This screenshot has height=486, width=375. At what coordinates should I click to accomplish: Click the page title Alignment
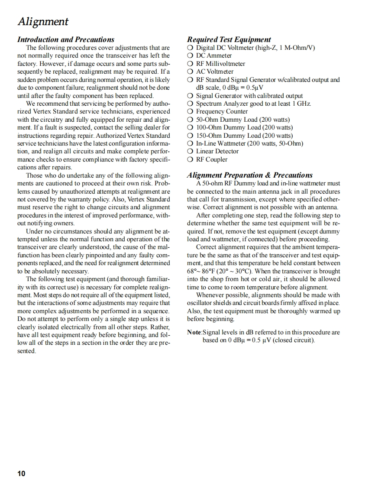coord(42,21)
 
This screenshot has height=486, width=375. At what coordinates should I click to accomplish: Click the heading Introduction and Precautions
coord(66,39)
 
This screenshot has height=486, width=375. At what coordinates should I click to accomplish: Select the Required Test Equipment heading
coord(229,39)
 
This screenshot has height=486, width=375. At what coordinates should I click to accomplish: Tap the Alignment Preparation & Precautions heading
coord(250,175)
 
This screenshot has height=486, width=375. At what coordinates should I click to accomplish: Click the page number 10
coord(21,473)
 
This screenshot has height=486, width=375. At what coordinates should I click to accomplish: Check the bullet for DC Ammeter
coord(191,55)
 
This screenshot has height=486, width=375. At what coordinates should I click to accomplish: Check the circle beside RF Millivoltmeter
coord(191,64)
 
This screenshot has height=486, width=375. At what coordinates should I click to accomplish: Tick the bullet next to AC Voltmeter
coord(191,71)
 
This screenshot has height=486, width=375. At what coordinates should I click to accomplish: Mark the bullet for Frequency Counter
coord(191,111)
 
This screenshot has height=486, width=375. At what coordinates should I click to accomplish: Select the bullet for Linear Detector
coord(191,151)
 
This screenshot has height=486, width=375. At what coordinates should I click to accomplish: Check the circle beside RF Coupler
coord(191,159)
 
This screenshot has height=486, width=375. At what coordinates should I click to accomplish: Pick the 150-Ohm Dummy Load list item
coord(244,135)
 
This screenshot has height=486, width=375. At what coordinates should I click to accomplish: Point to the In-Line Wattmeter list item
coord(249,143)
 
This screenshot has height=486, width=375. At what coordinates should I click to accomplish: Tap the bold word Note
coord(194,333)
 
